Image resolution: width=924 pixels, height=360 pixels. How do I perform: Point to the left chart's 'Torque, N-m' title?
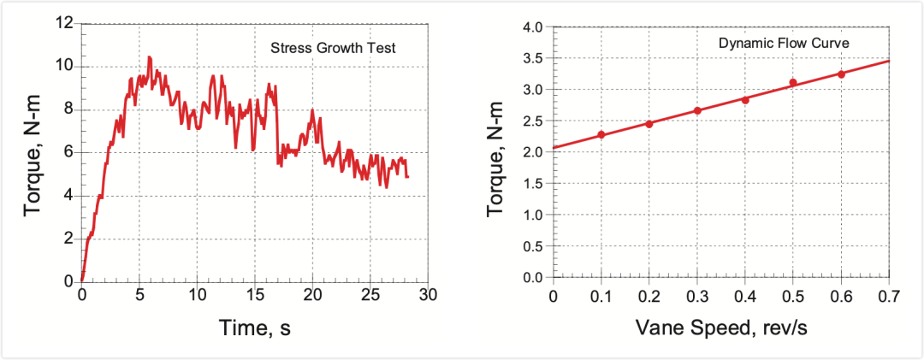coord(34,153)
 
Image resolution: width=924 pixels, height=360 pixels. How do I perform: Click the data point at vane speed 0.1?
coord(601,134)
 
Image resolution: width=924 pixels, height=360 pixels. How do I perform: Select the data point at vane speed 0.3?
coord(697,110)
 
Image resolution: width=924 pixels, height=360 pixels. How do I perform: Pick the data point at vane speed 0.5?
coord(793,83)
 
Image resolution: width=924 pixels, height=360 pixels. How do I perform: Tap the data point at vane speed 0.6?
coord(841,74)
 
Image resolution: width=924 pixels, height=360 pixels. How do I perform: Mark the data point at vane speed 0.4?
coord(745,100)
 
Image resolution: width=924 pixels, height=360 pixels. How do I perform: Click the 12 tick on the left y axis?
coord(64,23)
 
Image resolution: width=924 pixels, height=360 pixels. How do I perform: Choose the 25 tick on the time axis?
coord(370,295)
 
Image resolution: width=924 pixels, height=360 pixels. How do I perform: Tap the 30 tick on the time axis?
coord(428,295)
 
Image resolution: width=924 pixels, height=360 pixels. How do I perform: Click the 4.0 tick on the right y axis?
coord(532,27)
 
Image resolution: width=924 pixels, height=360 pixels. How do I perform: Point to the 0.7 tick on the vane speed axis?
coord(889,295)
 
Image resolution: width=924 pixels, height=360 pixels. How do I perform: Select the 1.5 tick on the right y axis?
coord(532,184)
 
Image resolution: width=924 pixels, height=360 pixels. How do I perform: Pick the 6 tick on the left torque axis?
coord(68,152)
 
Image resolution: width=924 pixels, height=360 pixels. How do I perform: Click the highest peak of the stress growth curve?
coord(150,57)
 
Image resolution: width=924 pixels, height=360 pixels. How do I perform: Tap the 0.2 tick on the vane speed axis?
coord(649,295)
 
